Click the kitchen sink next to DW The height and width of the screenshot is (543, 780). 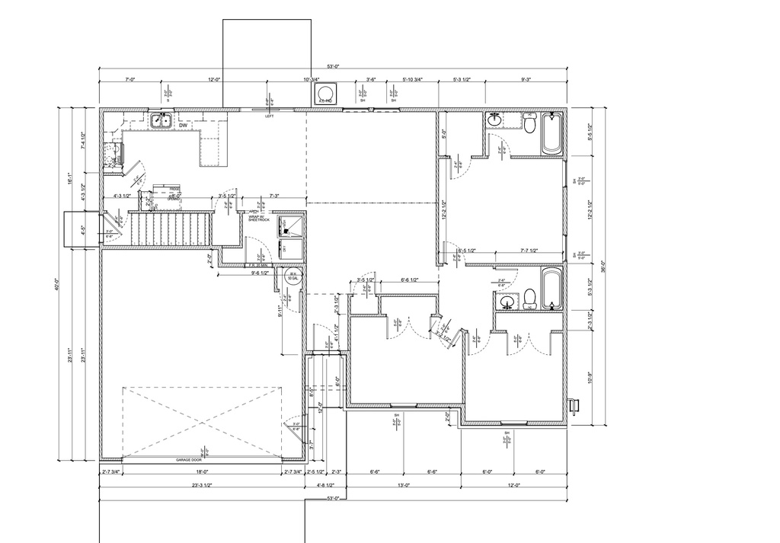coord(160,120)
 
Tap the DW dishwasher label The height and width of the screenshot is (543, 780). coord(184,126)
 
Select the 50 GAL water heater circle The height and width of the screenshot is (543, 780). coord(292,276)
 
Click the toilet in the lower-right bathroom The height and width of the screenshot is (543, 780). coord(530,299)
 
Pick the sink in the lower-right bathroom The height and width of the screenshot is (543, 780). coord(507,303)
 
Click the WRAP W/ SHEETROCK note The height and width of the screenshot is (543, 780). coord(259,218)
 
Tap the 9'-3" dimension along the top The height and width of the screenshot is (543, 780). coord(526,79)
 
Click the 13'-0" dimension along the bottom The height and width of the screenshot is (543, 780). coord(404,484)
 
